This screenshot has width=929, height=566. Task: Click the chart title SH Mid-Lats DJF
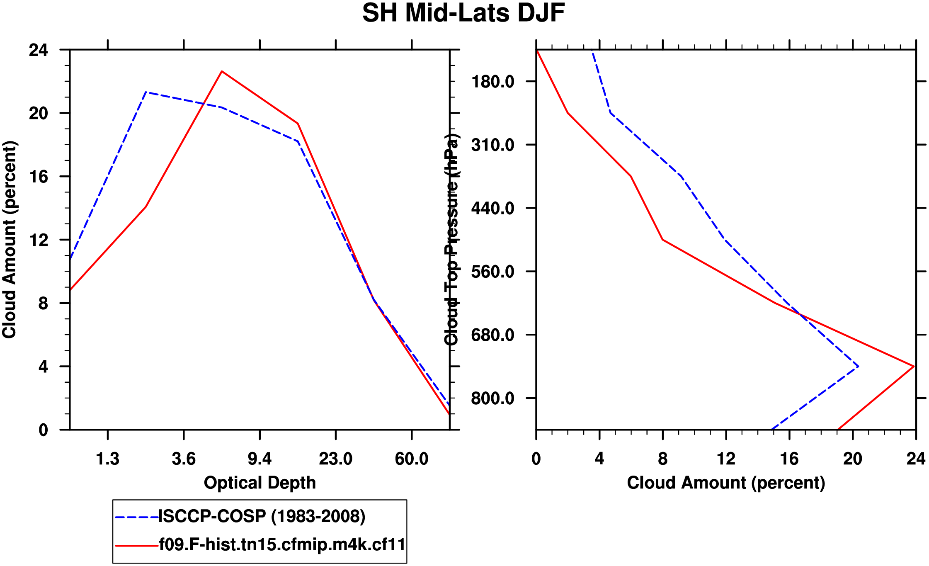(463, 13)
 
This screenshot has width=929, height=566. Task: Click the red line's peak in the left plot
(222, 71)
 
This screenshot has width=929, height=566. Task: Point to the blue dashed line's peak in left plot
(146, 92)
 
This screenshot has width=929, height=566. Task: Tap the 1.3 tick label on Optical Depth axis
(108, 459)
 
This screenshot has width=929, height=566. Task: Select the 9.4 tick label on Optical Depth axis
(260, 459)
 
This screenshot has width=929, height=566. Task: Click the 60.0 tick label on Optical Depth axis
(411, 459)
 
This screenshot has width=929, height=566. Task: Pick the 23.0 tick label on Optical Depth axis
(335, 459)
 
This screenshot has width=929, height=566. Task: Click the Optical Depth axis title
(260, 483)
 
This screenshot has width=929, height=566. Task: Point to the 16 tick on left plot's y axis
(38, 177)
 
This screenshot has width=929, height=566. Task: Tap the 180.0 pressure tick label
(492, 82)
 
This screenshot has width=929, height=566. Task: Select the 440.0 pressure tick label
(492, 208)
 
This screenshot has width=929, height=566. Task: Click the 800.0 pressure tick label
(492, 398)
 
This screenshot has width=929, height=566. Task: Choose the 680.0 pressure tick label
(492, 335)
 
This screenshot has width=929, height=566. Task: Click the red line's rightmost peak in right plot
(914, 366)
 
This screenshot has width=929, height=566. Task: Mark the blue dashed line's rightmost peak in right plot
(858, 367)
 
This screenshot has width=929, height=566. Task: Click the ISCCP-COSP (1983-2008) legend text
(262, 517)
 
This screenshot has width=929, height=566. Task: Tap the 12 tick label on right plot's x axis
(726, 459)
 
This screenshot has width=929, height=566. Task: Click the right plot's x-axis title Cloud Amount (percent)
(726, 483)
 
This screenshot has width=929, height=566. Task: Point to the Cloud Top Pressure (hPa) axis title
(451, 240)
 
